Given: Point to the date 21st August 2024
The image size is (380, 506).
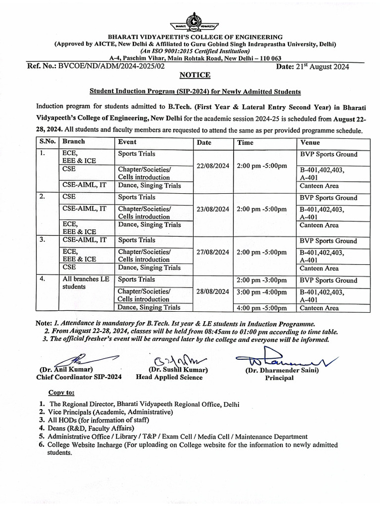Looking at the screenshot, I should pyautogui.click(x=326, y=67).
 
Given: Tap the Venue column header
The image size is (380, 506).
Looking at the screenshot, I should pyautogui.click(x=311, y=142).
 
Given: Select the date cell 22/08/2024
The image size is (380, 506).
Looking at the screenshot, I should pyautogui.click(x=213, y=166).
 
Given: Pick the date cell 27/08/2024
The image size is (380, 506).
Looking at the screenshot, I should pyautogui.click(x=213, y=252).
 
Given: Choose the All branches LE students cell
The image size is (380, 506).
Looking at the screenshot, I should pyautogui.click(x=86, y=283).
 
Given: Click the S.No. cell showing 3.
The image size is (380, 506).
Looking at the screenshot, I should pyautogui.click(x=43, y=240).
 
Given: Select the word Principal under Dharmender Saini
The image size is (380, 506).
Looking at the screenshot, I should pyautogui.click(x=279, y=378).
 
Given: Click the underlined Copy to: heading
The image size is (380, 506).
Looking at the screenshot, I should pyautogui.click(x=61, y=393).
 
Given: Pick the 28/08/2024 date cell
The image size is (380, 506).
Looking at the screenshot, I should pyautogui.click(x=213, y=292).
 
